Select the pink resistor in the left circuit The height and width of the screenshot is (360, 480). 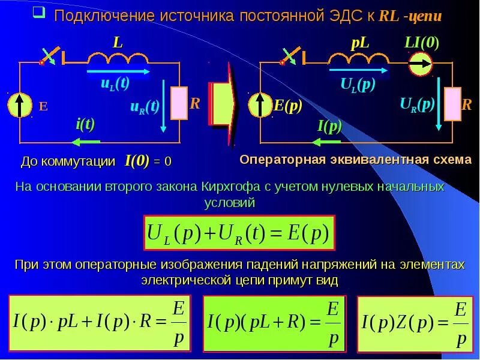click(x=179, y=103)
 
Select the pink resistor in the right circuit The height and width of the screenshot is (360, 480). click(x=452, y=103)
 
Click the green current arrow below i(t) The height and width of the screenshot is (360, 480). click(x=85, y=142)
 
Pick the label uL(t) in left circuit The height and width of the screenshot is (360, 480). click(x=115, y=83)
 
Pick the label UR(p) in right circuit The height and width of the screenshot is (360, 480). click(x=417, y=104)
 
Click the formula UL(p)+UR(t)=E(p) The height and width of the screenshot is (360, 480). click(x=238, y=233)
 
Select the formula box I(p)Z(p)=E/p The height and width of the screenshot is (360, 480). click(x=415, y=323)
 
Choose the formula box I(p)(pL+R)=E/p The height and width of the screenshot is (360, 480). click(x=274, y=323)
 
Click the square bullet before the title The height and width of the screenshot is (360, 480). click(x=37, y=13)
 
